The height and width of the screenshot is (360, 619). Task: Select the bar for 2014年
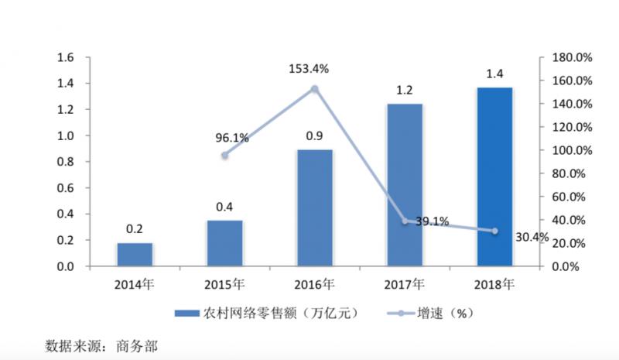(x=135, y=255)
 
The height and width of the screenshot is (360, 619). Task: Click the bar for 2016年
(x=315, y=207)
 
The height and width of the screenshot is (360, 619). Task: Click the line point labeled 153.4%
(x=315, y=89)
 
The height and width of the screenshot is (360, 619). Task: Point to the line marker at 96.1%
(x=225, y=155)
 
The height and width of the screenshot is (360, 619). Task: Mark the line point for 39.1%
(x=405, y=221)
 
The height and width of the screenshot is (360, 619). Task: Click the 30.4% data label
(x=531, y=237)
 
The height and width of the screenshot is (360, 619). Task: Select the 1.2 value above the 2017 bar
(x=405, y=91)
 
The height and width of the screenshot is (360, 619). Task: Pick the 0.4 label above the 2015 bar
(x=225, y=207)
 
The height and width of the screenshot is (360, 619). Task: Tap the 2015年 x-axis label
(x=225, y=283)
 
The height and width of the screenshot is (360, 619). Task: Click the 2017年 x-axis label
(x=405, y=283)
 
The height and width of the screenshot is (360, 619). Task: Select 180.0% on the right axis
(x=572, y=57)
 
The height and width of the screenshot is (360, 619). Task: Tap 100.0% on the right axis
(x=572, y=150)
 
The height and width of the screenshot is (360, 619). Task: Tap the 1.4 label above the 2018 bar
(x=494, y=74)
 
